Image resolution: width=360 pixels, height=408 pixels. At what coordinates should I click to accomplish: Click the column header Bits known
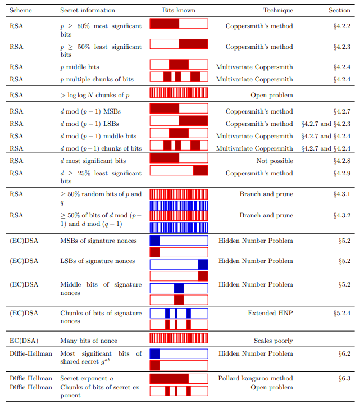point(179,10)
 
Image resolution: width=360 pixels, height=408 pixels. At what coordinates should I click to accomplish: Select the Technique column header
point(278,10)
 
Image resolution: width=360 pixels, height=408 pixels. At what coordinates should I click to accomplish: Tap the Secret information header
point(88,10)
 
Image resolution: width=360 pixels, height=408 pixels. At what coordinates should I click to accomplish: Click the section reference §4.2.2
point(342,26)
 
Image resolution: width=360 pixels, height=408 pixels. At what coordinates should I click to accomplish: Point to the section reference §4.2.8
point(342,161)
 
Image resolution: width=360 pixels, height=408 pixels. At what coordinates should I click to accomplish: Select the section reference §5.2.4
point(342,313)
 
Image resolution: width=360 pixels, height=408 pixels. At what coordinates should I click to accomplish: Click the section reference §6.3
point(344,378)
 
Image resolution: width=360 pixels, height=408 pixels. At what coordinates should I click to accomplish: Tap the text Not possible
point(275,161)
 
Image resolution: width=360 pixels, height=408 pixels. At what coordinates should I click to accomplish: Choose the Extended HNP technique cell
point(271,313)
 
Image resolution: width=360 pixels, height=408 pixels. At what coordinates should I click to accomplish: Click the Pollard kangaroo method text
point(256,378)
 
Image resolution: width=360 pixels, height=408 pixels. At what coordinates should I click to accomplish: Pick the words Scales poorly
point(274,341)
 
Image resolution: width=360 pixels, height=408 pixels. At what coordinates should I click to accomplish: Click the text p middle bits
point(80,67)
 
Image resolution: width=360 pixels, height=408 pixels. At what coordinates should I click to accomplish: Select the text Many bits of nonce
point(89,341)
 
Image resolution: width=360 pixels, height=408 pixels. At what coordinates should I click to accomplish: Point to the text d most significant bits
point(93,161)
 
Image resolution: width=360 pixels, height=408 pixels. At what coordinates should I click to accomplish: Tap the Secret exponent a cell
point(87,378)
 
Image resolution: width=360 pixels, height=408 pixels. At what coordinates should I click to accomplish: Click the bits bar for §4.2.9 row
point(179,170)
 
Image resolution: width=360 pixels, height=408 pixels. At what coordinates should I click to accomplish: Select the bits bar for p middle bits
point(179,65)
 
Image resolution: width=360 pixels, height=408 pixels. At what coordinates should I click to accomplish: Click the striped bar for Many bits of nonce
point(179,338)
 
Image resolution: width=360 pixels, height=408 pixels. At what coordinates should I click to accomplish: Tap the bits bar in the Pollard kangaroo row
point(179,379)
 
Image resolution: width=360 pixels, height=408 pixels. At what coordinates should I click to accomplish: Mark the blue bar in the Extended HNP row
point(179,313)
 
